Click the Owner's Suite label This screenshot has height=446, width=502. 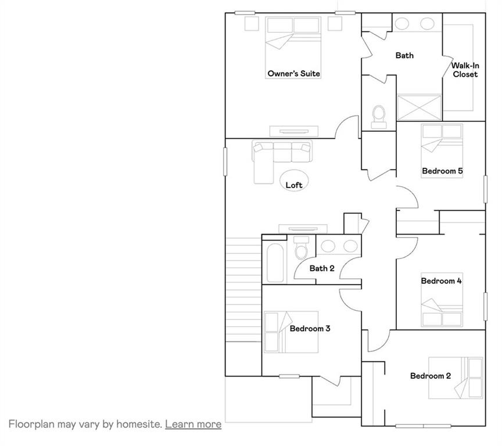(x=293, y=74)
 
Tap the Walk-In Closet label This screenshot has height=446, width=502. (x=465, y=70)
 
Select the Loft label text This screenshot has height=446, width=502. (x=294, y=185)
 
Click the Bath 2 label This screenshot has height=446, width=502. (x=322, y=268)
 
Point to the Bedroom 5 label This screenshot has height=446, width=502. (x=442, y=171)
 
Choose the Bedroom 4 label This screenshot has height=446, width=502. (x=441, y=281)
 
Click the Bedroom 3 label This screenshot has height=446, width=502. (x=310, y=329)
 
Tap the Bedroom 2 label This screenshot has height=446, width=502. (x=430, y=376)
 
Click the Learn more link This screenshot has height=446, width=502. (x=193, y=424)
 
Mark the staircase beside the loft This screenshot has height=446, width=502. (x=243, y=290)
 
